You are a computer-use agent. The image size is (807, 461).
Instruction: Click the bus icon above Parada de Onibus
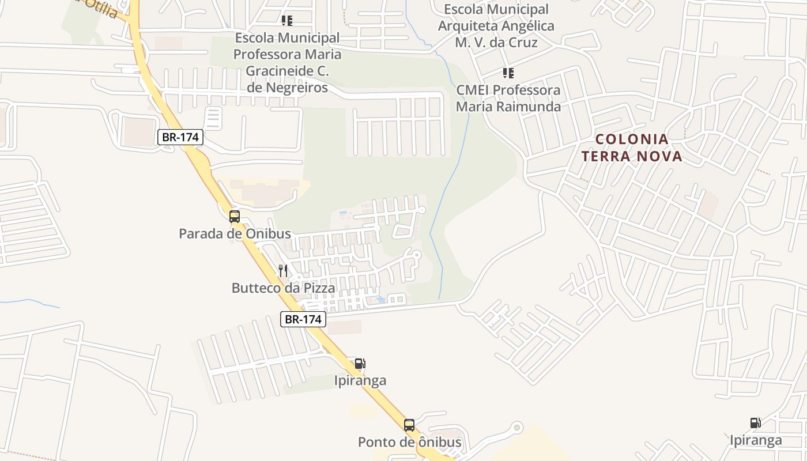click(x=234, y=217)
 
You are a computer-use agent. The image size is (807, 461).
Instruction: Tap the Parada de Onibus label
click(x=235, y=234)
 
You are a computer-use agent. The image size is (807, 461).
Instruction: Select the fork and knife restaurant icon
click(x=283, y=270)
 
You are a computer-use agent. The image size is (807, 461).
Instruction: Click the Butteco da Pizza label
click(x=283, y=288)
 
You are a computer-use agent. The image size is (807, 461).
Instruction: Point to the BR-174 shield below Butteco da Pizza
click(x=303, y=319)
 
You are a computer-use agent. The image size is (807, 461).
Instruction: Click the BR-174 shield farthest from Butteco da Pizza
click(x=180, y=137)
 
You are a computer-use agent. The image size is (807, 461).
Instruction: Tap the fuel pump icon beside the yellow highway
click(x=360, y=364)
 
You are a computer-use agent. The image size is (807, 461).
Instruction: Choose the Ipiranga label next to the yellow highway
click(x=360, y=381)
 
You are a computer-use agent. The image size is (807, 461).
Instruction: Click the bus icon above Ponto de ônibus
click(x=409, y=425)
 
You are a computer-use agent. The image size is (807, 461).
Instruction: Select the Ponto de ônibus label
click(x=410, y=443)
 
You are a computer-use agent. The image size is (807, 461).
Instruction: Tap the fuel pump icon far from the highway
click(x=755, y=423)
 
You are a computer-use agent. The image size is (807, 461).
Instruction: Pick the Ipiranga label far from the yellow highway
click(x=756, y=440)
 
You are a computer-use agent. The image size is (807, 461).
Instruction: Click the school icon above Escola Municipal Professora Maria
click(x=286, y=21)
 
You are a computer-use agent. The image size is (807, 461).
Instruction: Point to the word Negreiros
click(x=295, y=88)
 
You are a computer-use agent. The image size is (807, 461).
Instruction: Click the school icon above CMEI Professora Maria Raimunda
click(x=508, y=73)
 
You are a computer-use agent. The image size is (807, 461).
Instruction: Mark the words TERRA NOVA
click(x=632, y=156)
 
